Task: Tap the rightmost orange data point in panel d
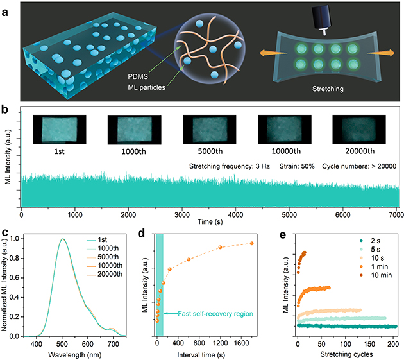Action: tap(251, 243)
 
